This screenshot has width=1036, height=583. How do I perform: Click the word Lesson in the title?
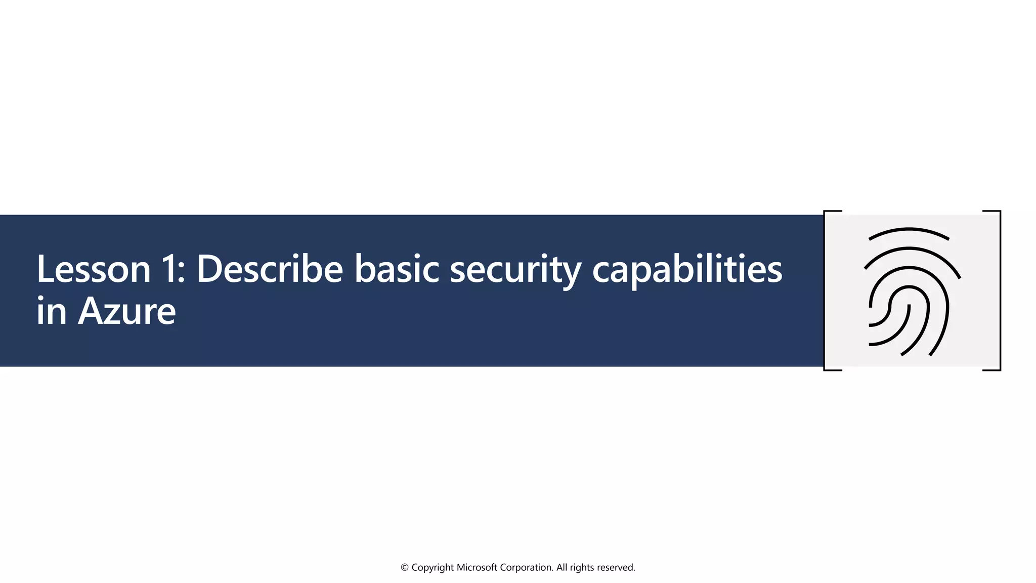pyautogui.click(x=94, y=269)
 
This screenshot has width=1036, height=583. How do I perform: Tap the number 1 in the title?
pyautogui.click(x=170, y=269)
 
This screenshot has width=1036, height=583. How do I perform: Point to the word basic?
pyautogui.click(x=396, y=269)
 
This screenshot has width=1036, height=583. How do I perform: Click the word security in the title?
pyautogui.click(x=515, y=270)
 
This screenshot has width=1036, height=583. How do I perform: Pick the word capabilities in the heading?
pyautogui.click(x=687, y=270)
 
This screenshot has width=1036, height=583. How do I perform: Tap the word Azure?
pyautogui.click(x=127, y=311)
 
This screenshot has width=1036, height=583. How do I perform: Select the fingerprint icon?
pyautogui.click(x=911, y=291)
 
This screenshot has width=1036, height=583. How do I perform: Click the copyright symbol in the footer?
pyautogui.click(x=405, y=568)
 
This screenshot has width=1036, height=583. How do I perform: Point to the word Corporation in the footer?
pyautogui.click(x=526, y=568)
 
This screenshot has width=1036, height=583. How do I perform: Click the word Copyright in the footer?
pyautogui.click(x=433, y=568)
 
